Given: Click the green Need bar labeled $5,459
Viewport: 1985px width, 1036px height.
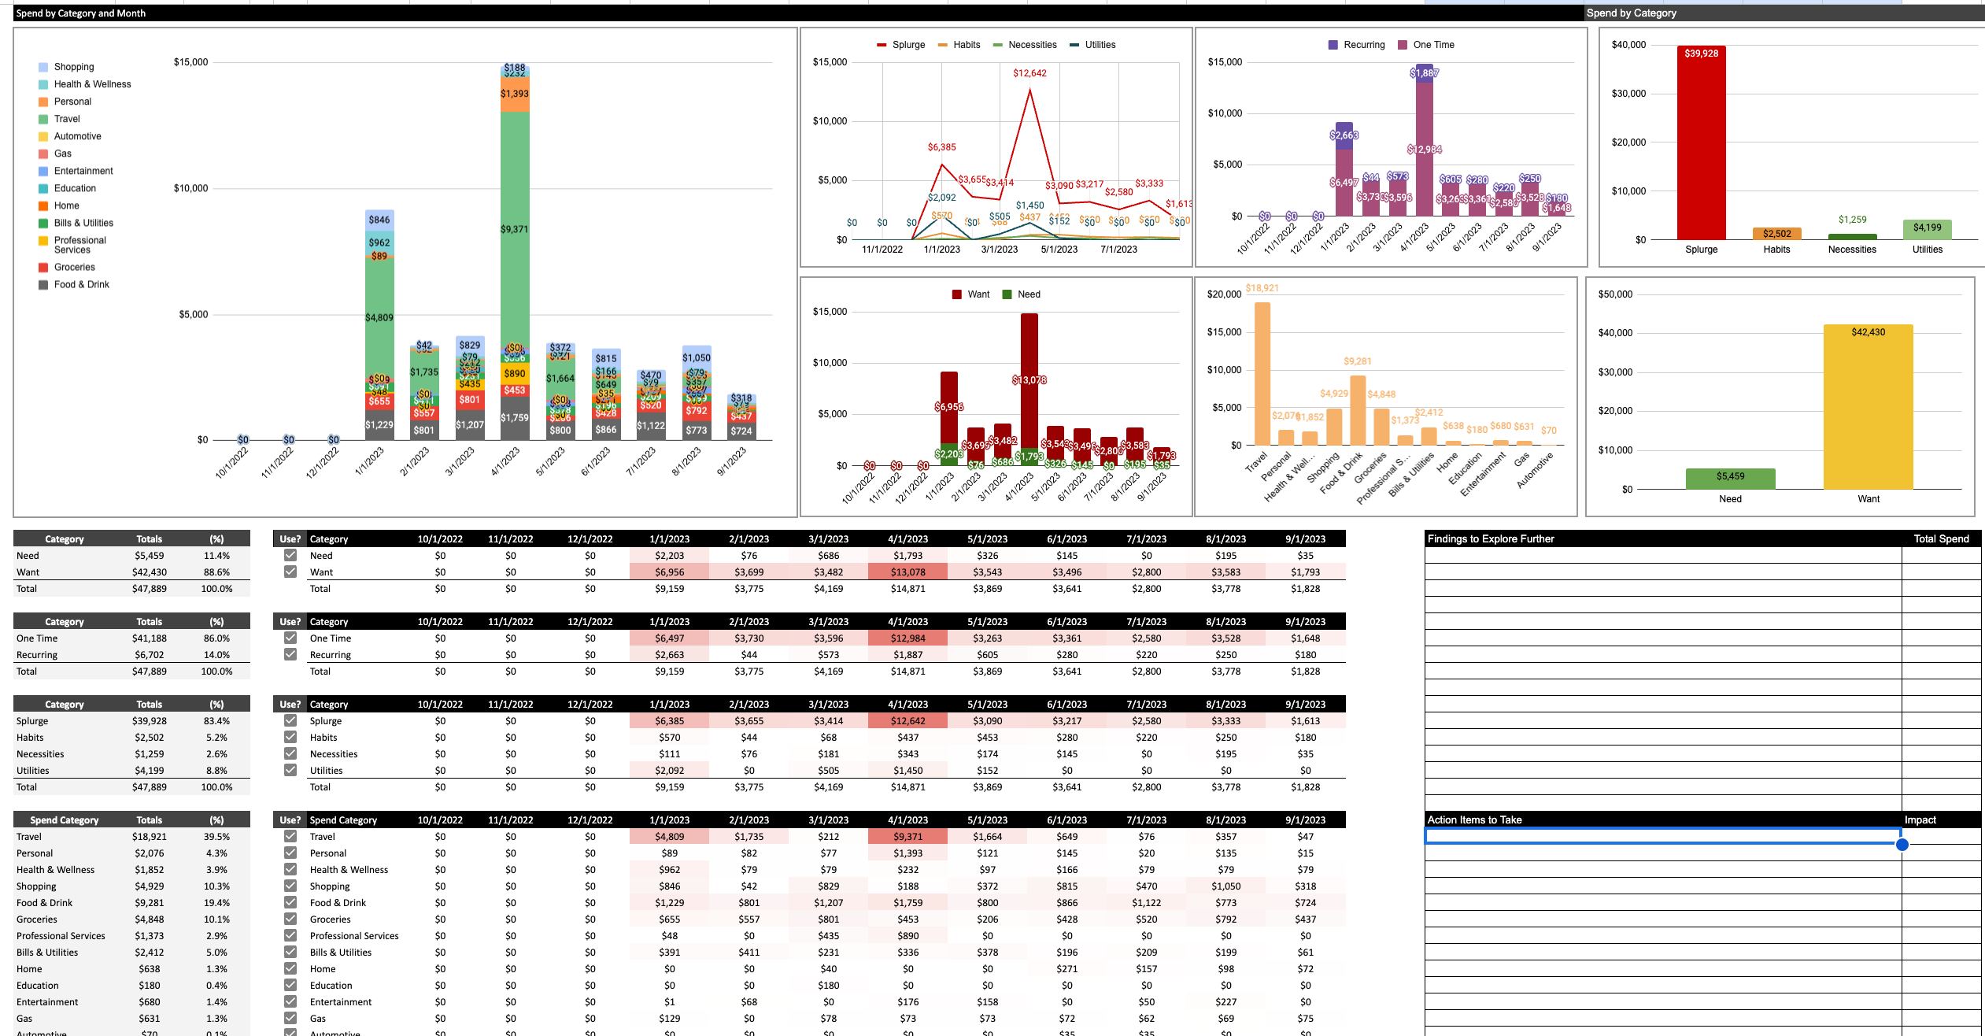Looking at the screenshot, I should coord(1730,479).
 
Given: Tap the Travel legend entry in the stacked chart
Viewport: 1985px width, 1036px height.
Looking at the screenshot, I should coord(67,119).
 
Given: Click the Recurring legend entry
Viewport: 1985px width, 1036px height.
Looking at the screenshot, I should coord(1363,45).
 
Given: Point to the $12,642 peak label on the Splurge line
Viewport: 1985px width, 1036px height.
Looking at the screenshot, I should coord(1029,73).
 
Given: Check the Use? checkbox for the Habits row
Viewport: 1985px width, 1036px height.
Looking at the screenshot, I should coord(290,737).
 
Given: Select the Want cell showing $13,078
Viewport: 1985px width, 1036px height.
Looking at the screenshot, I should coord(907,572).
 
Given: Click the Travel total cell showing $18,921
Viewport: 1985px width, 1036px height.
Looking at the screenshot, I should coord(149,837).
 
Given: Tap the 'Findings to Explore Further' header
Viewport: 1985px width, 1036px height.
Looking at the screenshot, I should coord(1491,539).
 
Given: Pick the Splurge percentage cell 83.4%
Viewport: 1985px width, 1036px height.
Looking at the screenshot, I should coord(216,721).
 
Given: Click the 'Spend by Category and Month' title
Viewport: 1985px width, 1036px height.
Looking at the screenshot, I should coord(81,13).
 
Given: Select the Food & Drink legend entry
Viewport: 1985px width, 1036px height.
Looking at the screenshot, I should coord(81,285).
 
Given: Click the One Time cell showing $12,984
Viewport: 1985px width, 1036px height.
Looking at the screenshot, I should coord(907,638).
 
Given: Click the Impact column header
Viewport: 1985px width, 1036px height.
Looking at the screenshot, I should coord(1920,820).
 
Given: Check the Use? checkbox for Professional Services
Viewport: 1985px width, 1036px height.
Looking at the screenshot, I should coord(290,935).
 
